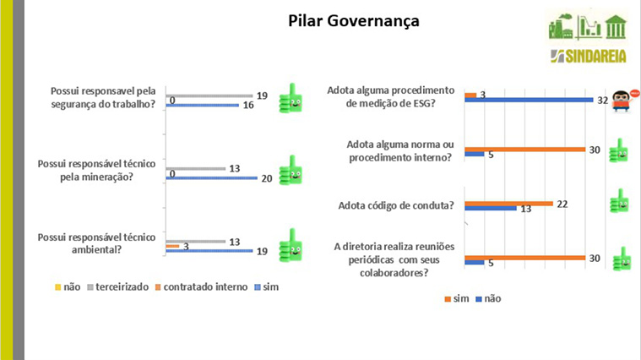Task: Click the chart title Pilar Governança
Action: pyautogui.click(x=354, y=21)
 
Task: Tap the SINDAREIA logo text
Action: pyautogui.click(x=589, y=57)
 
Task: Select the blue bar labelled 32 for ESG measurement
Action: pyautogui.click(x=529, y=100)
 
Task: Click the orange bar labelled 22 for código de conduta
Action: pyautogui.click(x=509, y=204)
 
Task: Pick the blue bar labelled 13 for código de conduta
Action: pyautogui.click(x=491, y=209)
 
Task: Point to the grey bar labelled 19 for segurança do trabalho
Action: pyautogui.click(x=209, y=95)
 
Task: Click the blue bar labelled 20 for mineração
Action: pyautogui.click(x=212, y=178)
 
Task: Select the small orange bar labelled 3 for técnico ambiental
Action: pyautogui.click(x=172, y=246)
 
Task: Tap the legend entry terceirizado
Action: pyautogui.click(x=117, y=287)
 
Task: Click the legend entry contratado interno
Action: pyautogui.click(x=201, y=287)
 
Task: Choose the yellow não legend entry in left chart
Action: pyautogui.click(x=68, y=287)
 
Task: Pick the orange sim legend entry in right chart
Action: pyautogui.click(x=457, y=298)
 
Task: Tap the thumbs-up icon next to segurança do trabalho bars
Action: pyautogui.click(x=291, y=98)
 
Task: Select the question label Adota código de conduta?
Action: pyautogui.click(x=396, y=205)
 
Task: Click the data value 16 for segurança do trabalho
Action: pyautogui.click(x=248, y=106)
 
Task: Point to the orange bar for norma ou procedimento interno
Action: pyautogui.click(x=525, y=150)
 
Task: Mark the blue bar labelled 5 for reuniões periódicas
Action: pyautogui.click(x=475, y=263)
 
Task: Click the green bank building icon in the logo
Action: pyautogui.click(x=616, y=26)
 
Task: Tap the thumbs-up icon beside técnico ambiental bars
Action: pyautogui.click(x=291, y=245)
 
